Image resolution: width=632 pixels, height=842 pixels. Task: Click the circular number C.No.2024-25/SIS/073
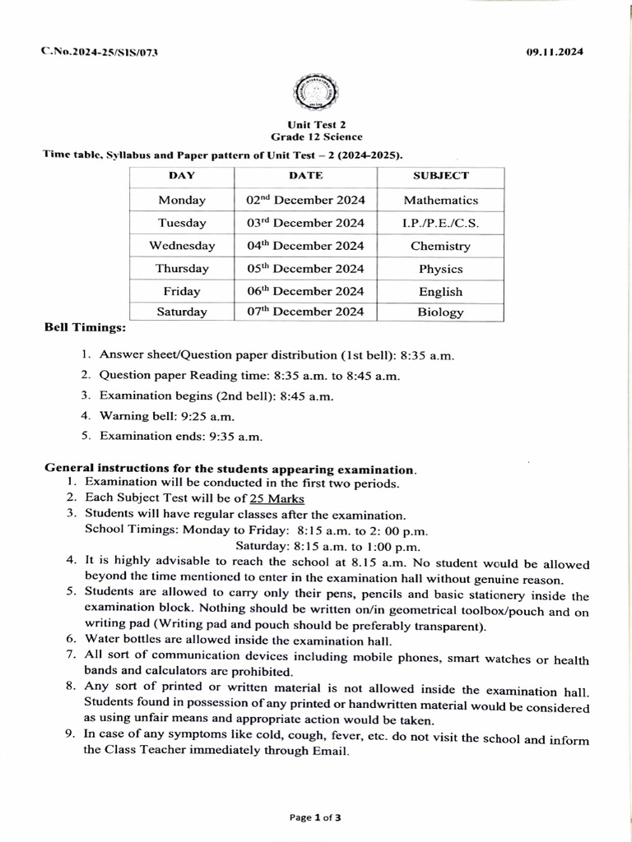(x=100, y=52)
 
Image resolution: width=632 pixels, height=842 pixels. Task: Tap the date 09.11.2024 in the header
(x=555, y=52)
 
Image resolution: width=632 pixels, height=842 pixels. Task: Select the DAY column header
(x=181, y=176)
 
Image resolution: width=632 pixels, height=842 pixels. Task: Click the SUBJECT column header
(x=440, y=176)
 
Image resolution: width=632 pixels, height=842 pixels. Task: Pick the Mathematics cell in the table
(x=440, y=200)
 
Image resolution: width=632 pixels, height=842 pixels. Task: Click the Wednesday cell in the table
(x=182, y=246)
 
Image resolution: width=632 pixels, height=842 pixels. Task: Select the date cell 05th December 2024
(x=305, y=268)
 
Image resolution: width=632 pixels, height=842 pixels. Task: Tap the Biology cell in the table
(x=440, y=312)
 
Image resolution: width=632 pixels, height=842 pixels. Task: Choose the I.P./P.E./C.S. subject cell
(x=440, y=223)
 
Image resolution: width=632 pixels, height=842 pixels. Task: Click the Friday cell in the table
(x=182, y=291)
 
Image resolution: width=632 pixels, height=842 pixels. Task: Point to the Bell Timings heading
(x=85, y=328)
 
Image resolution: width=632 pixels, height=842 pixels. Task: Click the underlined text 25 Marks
(x=277, y=499)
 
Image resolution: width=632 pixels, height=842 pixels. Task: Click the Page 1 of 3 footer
(x=315, y=817)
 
